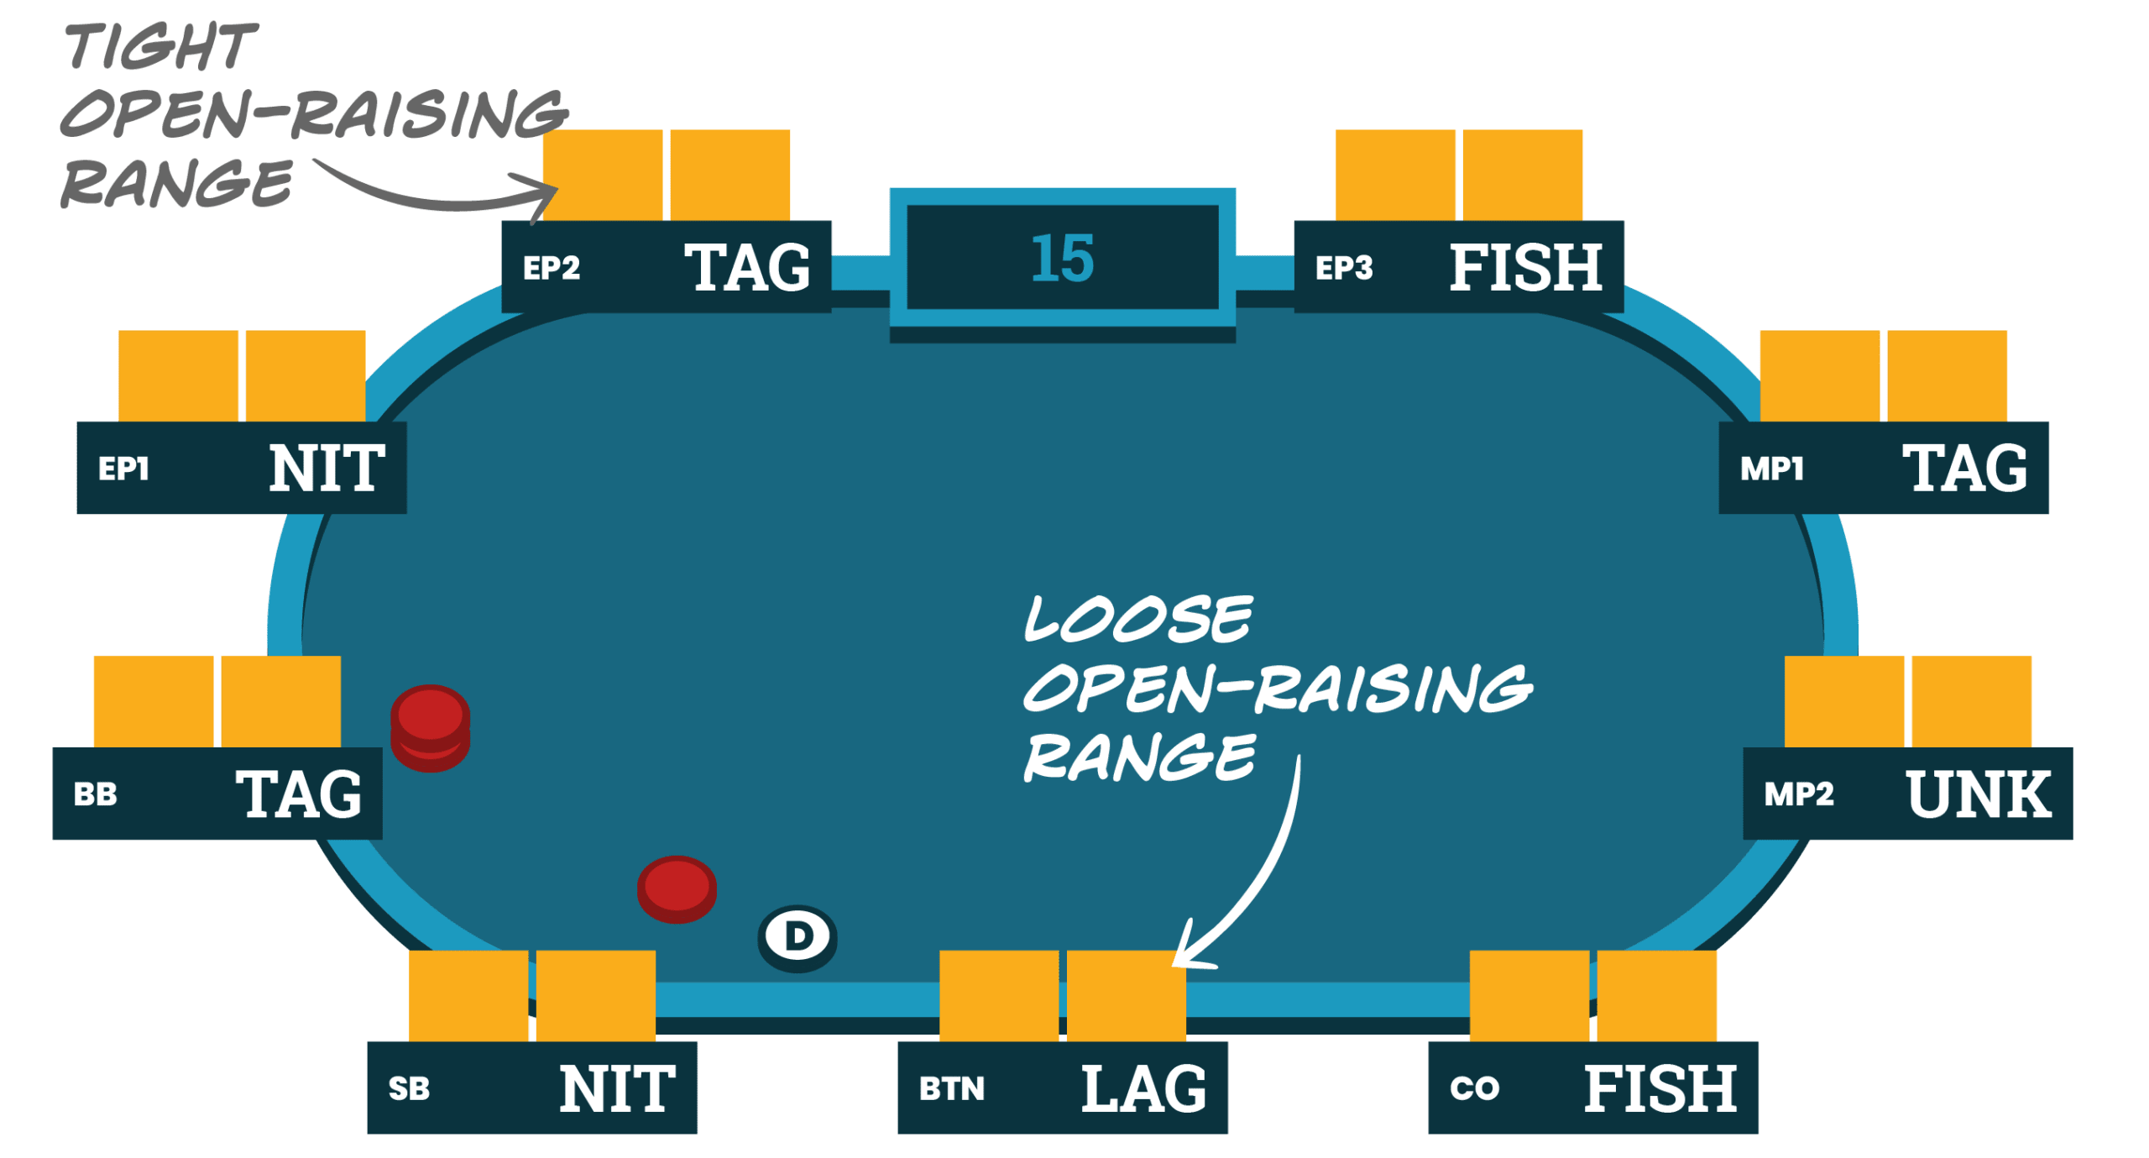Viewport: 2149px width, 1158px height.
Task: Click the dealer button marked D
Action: click(x=797, y=936)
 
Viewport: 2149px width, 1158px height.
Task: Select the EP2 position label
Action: click(x=552, y=268)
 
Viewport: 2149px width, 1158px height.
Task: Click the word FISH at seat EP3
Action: click(x=1526, y=268)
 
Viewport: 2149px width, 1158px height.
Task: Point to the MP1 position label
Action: click(x=1772, y=469)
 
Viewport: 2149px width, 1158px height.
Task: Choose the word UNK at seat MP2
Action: click(x=1979, y=794)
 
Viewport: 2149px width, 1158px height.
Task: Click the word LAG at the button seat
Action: click(x=1143, y=1089)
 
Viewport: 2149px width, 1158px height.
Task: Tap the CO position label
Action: click(x=1474, y=1089)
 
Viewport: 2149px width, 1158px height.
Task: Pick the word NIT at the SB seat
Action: click(x=617, y=1089)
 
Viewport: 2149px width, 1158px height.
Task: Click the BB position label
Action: click(x=95, y=794)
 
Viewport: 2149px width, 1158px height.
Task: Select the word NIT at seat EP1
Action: click(x=327, y=469)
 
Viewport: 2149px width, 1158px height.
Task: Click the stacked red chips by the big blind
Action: click(x=430, y=727)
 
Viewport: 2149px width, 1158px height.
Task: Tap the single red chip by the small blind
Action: click(x=677, y=888)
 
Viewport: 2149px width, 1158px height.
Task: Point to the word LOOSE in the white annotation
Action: click(x=1138, y=620)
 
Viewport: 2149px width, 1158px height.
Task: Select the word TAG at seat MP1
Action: click(x=1964, y=469)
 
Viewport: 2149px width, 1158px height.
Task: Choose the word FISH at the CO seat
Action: click(x=1660, y=1089)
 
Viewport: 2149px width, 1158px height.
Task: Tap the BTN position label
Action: click(x=951, y=1089)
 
